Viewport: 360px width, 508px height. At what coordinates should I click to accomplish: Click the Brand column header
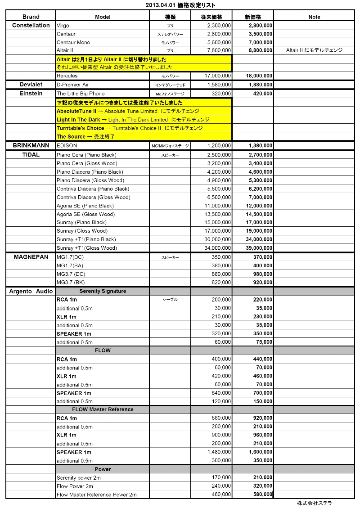(31, 17)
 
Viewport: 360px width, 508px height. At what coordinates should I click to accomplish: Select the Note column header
(314, 17)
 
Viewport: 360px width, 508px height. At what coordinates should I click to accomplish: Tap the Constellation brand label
(31, 25)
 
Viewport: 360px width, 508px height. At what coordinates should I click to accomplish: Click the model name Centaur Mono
(73, 42)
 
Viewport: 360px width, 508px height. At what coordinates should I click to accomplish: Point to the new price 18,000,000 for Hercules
(261, 76)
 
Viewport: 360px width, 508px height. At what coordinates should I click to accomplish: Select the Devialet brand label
(31, 85)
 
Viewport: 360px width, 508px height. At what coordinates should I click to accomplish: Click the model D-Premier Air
(73, 85)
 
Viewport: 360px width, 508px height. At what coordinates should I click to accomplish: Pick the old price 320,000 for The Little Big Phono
(221, 94)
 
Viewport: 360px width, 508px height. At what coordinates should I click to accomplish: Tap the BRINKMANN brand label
(31, 146)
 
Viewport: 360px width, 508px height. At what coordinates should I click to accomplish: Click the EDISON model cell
(67, 146)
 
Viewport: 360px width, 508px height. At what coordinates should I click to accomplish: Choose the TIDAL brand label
(31, 154)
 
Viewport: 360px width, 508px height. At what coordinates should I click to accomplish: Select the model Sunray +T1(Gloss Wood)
(87, 248)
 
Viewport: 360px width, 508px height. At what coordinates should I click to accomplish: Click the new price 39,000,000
(259, 248)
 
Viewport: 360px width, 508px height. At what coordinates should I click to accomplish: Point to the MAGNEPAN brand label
(31, 256)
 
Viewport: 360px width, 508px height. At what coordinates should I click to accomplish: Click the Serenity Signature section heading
(103, 291)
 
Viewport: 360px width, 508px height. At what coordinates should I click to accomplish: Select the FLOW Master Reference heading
(103, 409)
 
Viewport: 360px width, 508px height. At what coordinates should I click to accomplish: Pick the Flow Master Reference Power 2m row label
(97, 495)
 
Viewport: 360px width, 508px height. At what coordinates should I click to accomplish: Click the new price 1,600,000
(261, 452)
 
